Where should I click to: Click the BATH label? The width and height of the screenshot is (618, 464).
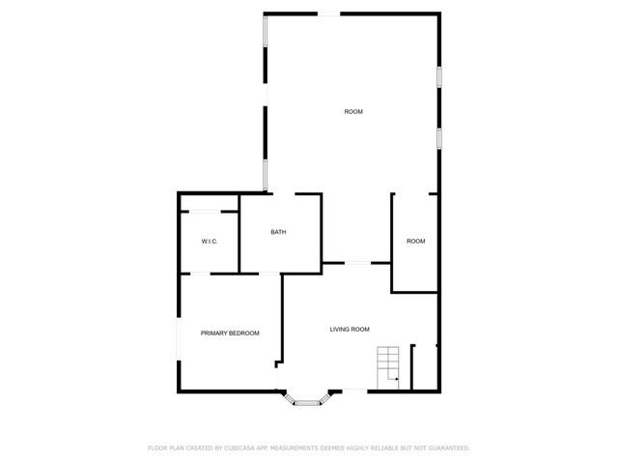coord(278,232)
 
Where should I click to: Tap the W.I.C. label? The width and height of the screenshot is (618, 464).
coord(208,241)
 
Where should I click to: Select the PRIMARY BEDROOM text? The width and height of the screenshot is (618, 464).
coord(230,333)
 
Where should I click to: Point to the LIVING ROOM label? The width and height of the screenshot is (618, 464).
coord(350,330)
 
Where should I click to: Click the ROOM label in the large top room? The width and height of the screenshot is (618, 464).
coord(353,112)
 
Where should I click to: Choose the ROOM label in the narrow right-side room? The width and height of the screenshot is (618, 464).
coord(415,241)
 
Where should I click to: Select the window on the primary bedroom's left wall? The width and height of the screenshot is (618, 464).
coord(178,343)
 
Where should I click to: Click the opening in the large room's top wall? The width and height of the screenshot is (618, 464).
coord(330,13)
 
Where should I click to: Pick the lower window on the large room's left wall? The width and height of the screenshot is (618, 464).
coord(266,174)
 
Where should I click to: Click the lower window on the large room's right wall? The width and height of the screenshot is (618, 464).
coord(438,136)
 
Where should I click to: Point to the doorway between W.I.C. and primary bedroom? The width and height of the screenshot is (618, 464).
coord(201,274)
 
